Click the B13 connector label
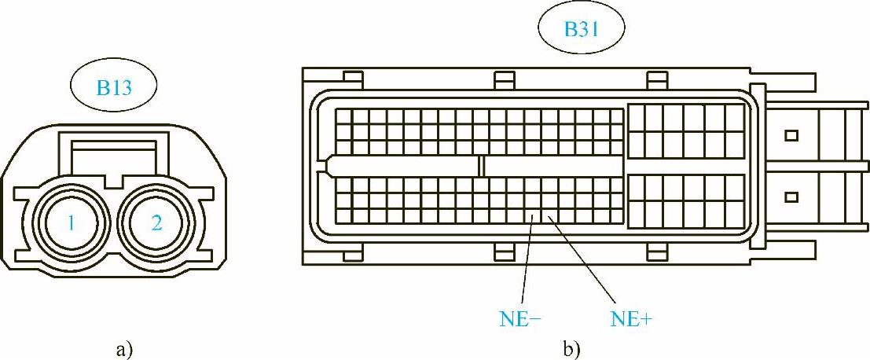click(113, 86)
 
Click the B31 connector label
click(582, 31)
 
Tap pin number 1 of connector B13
click(70, 223)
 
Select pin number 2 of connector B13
click(156, 223)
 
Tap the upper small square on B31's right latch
click(791, 135)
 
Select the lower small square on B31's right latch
click(791, 196)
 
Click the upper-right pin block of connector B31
click(687, 131)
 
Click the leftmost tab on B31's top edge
click(353, 77)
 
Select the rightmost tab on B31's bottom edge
click(655, 252)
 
